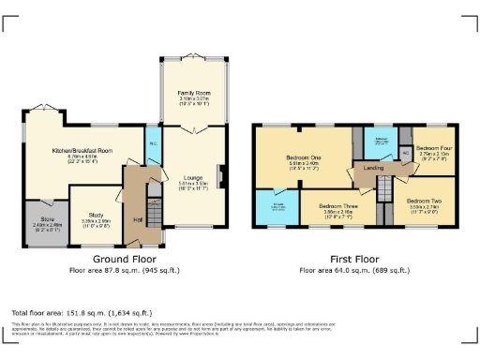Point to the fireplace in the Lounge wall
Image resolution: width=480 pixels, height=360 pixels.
click(x=219, y=176)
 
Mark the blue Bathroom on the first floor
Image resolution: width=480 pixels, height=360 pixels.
click(x=381, y=142)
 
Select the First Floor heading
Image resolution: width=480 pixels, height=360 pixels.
click(x=355, y=258)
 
